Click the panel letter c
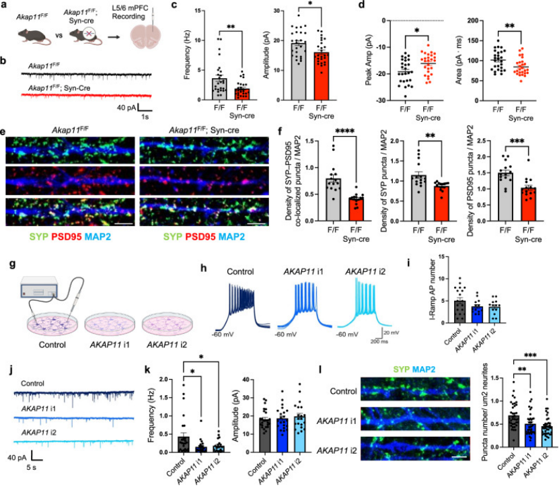(174, 6)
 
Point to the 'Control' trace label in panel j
(36, 384)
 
